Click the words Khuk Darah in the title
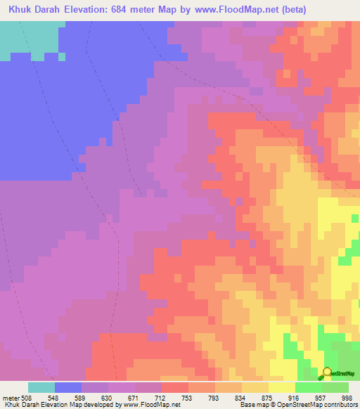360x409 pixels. click(x=32, y=10)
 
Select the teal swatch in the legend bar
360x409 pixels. click(x=41, y=387)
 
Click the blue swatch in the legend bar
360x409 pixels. click(x=68, y=387)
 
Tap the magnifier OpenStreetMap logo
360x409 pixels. click(x=327, y=373)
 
